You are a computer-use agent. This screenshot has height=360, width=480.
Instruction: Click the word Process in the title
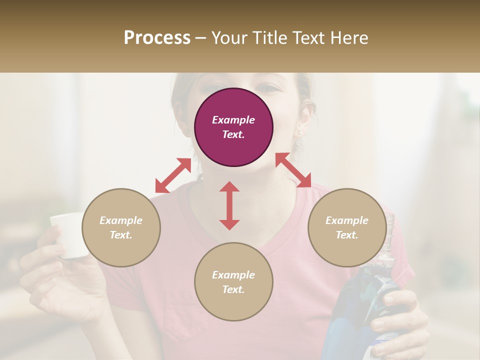(157, 38)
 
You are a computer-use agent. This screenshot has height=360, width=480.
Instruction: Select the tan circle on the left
(121, 227)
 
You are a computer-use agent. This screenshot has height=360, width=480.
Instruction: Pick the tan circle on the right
(347, 227)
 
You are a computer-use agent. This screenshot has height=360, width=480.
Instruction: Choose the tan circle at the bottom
(233, 281)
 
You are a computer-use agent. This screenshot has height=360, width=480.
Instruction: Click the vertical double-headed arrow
(229, 205)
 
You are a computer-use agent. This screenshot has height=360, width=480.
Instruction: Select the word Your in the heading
(228, 38)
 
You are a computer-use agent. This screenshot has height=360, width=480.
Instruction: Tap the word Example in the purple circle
(233, 120)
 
